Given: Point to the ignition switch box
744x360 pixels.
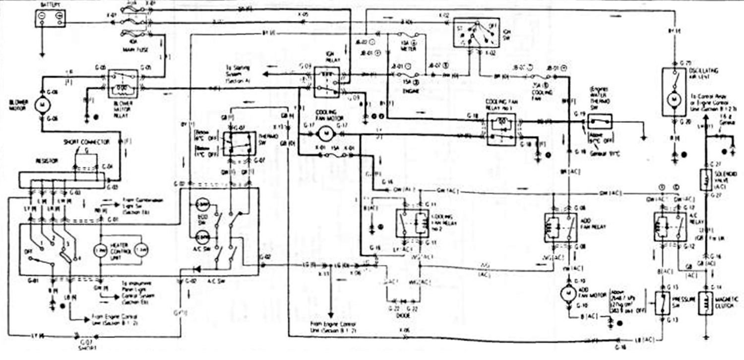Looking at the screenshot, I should point(476,33).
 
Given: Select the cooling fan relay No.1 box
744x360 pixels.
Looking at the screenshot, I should point(501,129).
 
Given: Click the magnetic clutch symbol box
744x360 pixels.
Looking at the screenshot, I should point(705,303).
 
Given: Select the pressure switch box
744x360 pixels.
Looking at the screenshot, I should point(663,302).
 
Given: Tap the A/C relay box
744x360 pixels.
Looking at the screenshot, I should point(670,227).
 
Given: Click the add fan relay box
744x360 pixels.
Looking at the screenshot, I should point(560,228).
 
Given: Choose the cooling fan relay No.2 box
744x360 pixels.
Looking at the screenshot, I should point(413,223).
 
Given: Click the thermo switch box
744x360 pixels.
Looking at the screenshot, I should point(239,143).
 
